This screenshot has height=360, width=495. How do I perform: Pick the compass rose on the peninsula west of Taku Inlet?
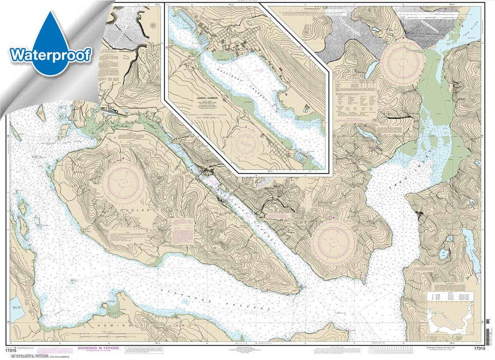click(334, 242)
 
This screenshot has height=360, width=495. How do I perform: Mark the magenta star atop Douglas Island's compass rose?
click(124, 159)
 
